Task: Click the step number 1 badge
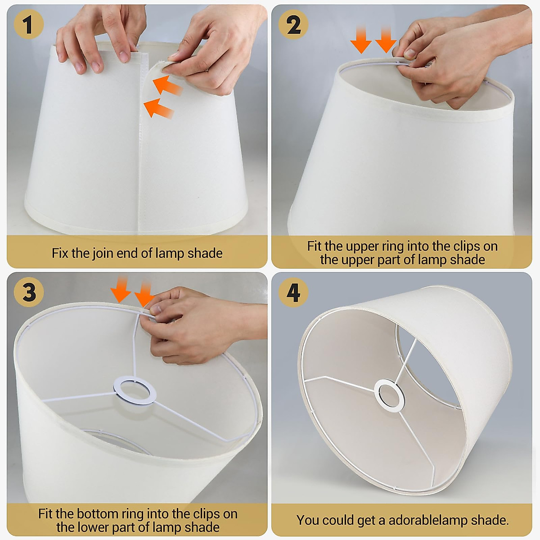click(x=28, y=24)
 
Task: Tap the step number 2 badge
click(x=293, y=24)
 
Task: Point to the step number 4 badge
click(x=293, y=292)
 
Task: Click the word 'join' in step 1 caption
click(x=103, y=253)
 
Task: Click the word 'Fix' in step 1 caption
click(x=60, y=253)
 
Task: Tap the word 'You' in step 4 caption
click(x=308, y=520)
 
